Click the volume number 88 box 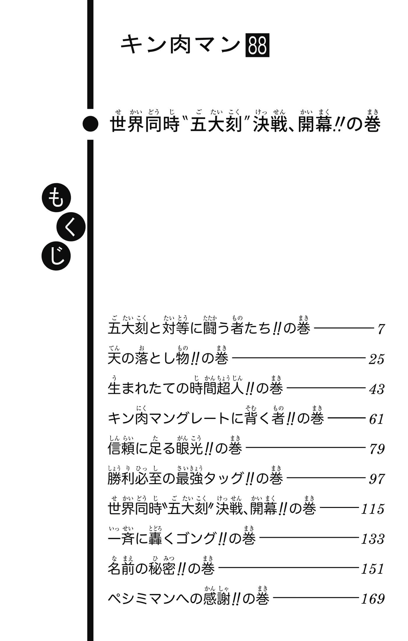click(257, 45)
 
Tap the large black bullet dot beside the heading click(90, 124)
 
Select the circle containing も click(56, 199)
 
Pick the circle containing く click(71, 227)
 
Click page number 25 click(377, 359)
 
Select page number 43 click(377, 389)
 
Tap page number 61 click(377, 419)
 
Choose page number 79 click(377, 449)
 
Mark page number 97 click(377, 479)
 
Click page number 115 click(373, 509)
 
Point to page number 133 click(373, 539)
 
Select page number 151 click(373, 569)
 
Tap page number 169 click(373, 599)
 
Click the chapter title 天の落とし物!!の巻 click(168, 358)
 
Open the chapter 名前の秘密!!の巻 click(161, 569)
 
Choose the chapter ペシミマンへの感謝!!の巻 click(188, 599)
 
